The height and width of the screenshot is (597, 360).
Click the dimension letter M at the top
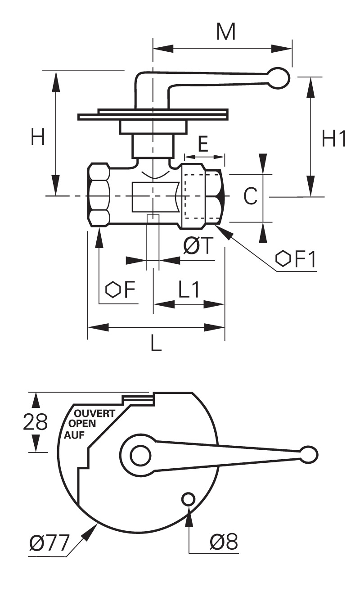click(x=226, y=32)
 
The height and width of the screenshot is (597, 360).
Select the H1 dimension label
click(x=334, y=138)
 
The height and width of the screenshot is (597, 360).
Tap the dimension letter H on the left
click(x=37, y=136)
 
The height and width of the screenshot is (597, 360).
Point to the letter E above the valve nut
click(x=203, y=144)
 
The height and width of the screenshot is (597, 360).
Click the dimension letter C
click(x=251, y=196)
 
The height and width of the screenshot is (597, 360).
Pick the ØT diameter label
click(x=198, y=245)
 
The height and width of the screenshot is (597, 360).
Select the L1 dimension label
click(x=189, y=289)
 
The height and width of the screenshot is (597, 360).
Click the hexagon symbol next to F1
click(x=283, y=258)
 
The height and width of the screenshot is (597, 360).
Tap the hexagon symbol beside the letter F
click(x=112, y=289)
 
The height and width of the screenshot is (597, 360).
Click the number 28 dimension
click(x=35, y=422)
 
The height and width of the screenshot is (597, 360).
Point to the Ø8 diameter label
click(x=223, y=541)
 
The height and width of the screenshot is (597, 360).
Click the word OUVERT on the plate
click(x=94, y=413)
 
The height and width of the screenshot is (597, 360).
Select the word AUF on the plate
click(x=74, y=435)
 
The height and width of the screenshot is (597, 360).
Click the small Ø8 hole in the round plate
click(x=188, y=499)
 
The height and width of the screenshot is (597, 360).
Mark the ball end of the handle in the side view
click(x=278, y=78)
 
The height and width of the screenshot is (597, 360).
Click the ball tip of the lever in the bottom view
click(x=309, y=455)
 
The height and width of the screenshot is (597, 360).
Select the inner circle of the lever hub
click(x=140, y=455)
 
